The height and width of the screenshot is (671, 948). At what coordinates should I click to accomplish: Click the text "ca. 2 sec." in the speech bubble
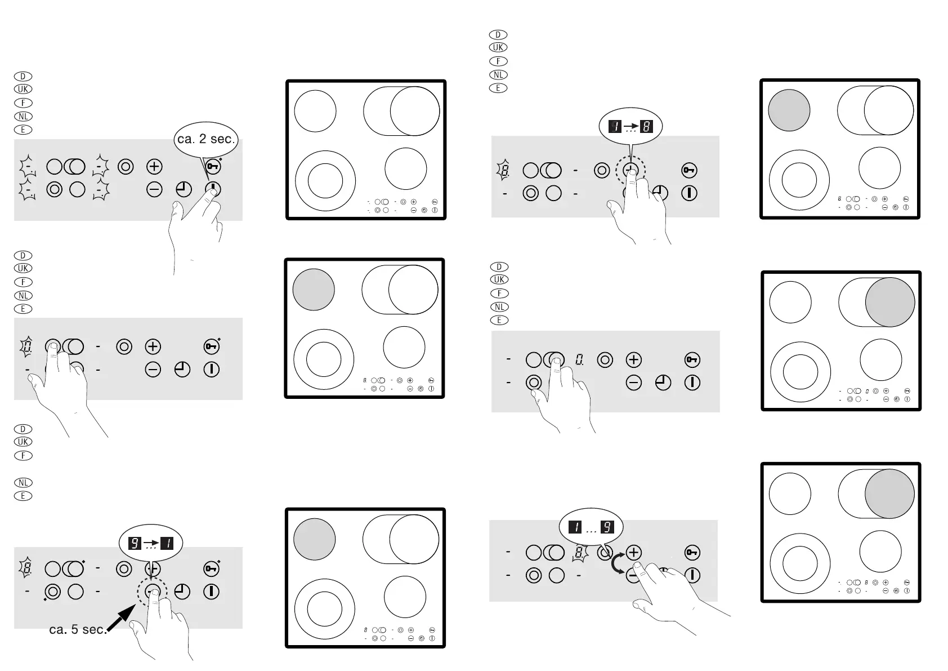click(205, 139)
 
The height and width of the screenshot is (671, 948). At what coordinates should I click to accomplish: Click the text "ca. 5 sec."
click(78, 629)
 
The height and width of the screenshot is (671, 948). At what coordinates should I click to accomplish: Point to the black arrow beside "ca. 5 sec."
click(122, 618)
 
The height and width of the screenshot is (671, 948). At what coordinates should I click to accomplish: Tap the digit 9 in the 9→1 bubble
click(135, 543)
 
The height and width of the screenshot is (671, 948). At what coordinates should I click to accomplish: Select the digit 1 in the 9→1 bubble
click(168, 543)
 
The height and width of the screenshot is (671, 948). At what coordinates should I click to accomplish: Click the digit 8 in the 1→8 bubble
click(646, 126)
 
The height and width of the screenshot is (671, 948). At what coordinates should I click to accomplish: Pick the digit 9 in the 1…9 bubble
click(607, 527)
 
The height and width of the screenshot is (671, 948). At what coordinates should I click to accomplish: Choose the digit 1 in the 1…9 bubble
click(575, 527)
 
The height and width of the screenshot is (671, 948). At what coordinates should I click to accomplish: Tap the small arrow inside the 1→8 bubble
click(630, 126)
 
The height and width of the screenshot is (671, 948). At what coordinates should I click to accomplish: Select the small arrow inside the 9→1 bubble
click(151, 543)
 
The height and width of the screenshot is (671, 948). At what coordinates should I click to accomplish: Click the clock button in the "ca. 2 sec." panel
click(184, 189)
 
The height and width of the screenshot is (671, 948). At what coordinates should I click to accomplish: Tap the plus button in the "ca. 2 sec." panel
click(154, 166)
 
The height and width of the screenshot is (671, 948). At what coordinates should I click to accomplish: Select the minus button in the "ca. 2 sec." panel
click(154, 189)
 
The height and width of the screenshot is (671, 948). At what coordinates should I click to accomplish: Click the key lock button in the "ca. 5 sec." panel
click(212, 569)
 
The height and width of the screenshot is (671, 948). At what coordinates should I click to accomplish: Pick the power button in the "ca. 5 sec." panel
click(212, 592)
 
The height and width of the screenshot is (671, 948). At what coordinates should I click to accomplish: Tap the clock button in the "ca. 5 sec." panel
click(182, 592)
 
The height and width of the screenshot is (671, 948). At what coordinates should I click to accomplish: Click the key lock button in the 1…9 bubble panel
click(692, 552)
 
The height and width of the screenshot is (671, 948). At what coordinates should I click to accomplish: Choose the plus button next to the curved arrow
click(633, 552)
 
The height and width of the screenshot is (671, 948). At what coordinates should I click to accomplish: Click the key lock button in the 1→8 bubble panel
click(690, 170)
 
